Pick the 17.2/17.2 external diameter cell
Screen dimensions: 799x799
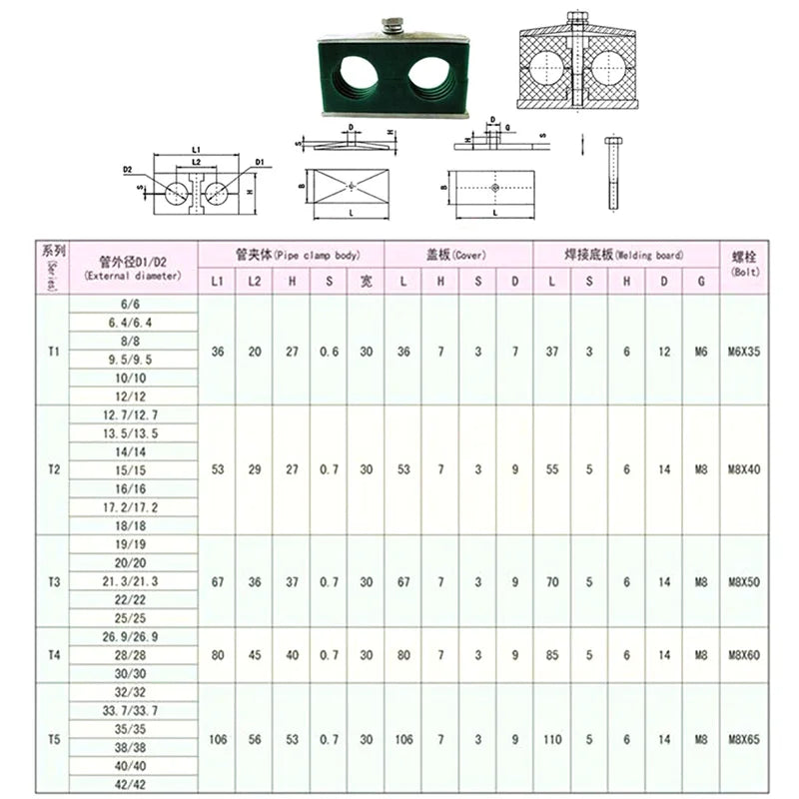(133, 507)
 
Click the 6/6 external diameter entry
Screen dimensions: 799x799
(133, 304)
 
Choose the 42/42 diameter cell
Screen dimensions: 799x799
(133, 785)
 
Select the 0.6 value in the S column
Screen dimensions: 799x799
(329, 352)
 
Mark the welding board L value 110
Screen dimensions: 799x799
(552, 739)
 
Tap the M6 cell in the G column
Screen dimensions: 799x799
(701, 352)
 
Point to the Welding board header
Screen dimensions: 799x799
(626, 255)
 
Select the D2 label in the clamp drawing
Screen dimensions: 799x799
(128, 170)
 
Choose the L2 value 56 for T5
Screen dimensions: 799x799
(254, 739)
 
